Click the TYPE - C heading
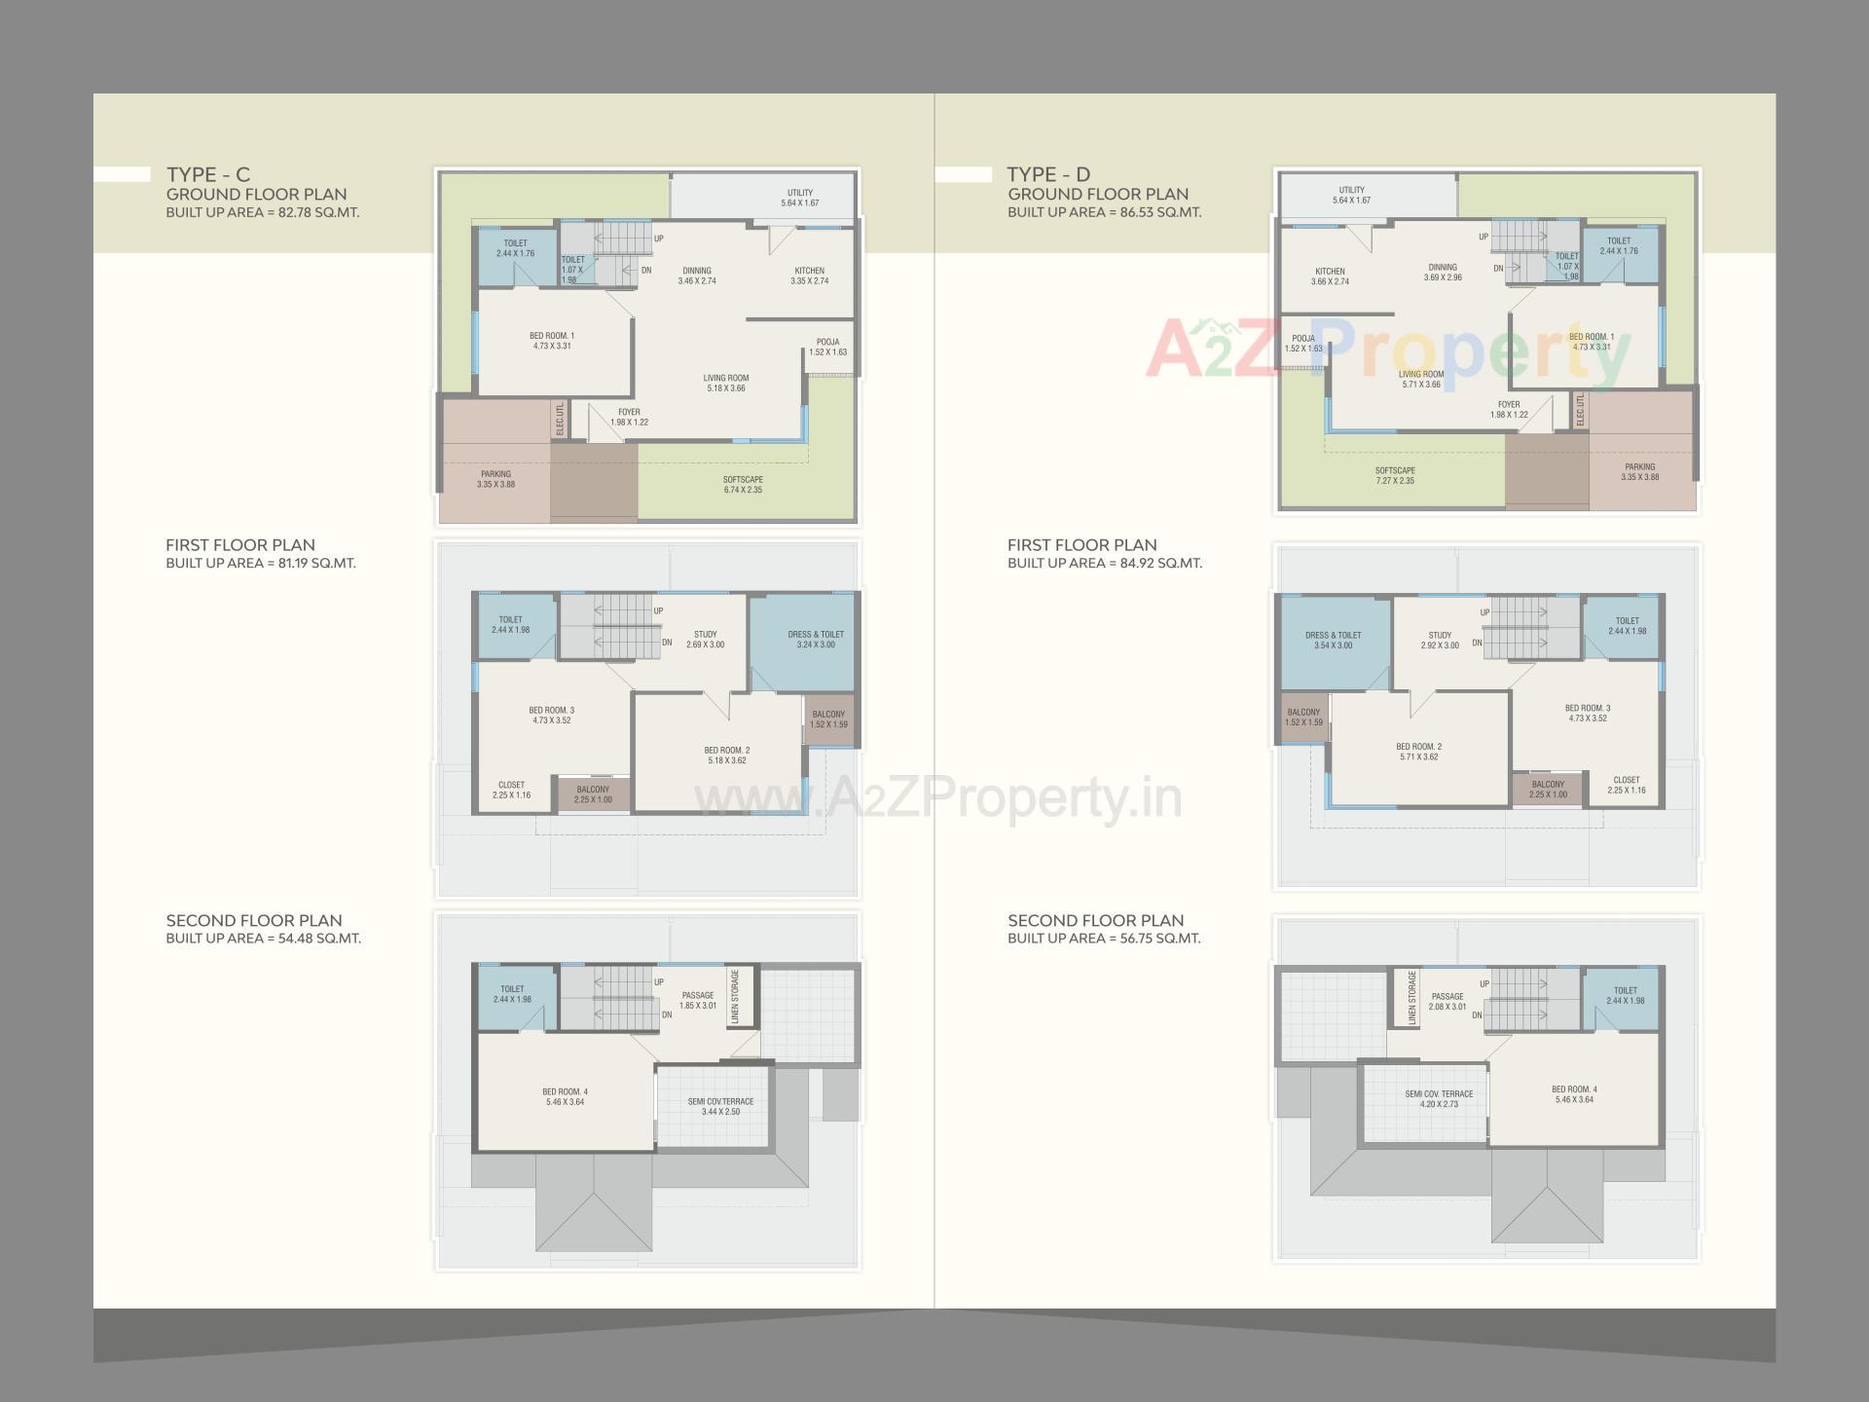pos(207,174)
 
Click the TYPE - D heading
pos(1048,174)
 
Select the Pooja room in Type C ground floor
pos(827,348)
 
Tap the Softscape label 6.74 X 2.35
pos(743,485)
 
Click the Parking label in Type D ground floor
pos(1639,472)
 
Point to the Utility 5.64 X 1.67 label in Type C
pos(799,198)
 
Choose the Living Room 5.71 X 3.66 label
pos(1421,379)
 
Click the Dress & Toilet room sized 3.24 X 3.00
pos(815,640)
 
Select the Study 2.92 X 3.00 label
pos(1440,640)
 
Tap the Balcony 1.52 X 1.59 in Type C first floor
pos(828,719)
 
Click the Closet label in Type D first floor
pos(1626,785)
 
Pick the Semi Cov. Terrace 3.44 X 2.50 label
pos(720,1106)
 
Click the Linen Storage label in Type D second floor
pos(1412,998)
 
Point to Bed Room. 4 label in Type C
pos(565,1096)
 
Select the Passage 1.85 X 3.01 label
pos(697,1000)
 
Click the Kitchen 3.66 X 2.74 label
pos(1330,277)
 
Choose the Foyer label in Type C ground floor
pos(629,417)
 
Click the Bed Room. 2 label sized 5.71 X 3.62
pos(1418,752)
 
